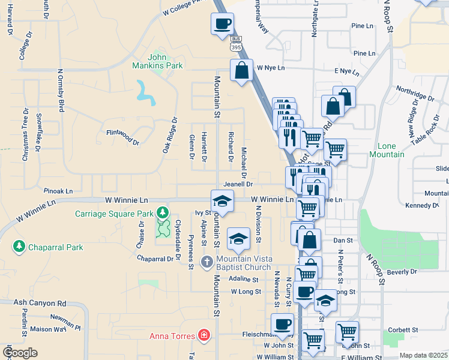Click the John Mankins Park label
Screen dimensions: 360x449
pyautogui.click(x=165, y=61)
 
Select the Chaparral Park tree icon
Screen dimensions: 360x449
pyautogui.click(x=19, y=247)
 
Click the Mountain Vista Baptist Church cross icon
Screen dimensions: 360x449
pyautogui.click(x=206, y=261)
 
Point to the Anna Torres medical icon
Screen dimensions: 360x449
pyautogui.click(x=205, y=334)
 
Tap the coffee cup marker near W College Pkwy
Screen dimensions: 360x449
pyautogui.click(x=222, y=24)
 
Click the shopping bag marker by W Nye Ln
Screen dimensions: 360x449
pyautogui.click(x=241, y=70)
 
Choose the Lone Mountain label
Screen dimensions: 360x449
pyautogui.click(x=391, y=150)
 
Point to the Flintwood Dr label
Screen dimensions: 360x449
pyautogui.click(x=122, y=136)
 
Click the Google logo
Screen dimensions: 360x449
pyautogui.click(x=19, y=353)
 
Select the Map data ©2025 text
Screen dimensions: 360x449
pyautogui.click(x=423, y=355)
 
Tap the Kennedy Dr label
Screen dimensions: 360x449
pyautogui.click(x=422, y=206)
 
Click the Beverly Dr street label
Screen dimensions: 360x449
pyautogui.click(x=402, y=272)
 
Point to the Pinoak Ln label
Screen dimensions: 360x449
pyautogui.click(x=58, y=191)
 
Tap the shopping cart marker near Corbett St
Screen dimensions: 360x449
pyautogui.click(x=348, y=332)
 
